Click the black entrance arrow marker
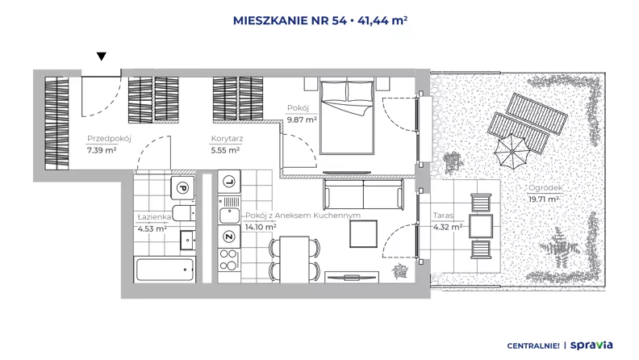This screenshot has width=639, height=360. coord(102,57)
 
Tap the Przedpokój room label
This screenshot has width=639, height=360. coord(109,139)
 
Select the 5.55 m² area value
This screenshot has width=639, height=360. coord(225,150)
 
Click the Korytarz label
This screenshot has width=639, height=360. coord(227,139)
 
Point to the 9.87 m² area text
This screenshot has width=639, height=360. coord(302,119)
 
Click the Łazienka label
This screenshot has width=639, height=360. coord(154,217)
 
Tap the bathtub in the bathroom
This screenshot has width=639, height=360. coord(165,269)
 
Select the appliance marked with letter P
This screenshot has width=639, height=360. coord(182,188)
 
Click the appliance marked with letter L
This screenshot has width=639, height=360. coord(229,182)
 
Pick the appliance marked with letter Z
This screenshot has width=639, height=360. coord(229,237)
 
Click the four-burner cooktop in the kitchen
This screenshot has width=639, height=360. coord(229,260)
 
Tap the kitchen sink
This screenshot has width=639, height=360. coord(229,216)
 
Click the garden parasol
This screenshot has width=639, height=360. coord(512,152)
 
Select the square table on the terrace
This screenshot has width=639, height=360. coord(481,226)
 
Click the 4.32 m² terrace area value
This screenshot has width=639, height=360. coord(448,227)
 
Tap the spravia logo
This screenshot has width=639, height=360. coord(591,345)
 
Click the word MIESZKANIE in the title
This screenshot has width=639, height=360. coord(269,21)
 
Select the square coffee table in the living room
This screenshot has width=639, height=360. coord(364,233)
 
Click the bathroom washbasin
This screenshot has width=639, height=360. coord(187,241)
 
